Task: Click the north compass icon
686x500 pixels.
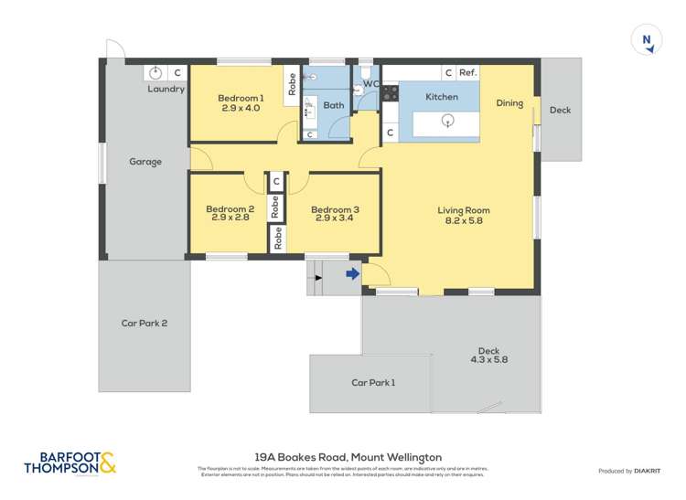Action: pyautogui.click(x=647, y=40)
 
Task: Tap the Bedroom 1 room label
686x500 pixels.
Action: pyautogui.click(x=241, y=98)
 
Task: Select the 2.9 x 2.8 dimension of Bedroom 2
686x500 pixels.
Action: pyautogui.click(x=230, y=218)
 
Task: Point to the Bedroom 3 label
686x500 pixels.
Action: pyautogui.click(x=334, y=209)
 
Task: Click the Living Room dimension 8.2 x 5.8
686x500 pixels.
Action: pyautogui.click(x=464, y=220)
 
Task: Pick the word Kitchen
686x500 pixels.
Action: pyautogui.click(x=442, y=97)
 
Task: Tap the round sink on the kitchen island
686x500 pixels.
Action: pyautogui.click(x=447, y=120)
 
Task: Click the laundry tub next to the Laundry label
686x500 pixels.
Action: pyautogui.click(x=156, y=72)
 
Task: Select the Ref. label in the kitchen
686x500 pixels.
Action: pyautogui.click(x=467, y=72)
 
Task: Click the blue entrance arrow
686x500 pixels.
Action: pyautogui.click(x=352, y=272)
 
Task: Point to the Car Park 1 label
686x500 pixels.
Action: pyautogui.click(x=373, y=383)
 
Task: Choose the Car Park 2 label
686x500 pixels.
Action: pyautogui.click(x=145, y=323)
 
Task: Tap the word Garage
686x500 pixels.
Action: pyautogui.click(x=145, y=162)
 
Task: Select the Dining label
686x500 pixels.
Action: pyautogui.click(x=509, y=103)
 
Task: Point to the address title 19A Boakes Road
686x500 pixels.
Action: pyautogui.click(x=348, y=457)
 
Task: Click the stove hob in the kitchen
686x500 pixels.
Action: pyautogui.click(x=390, y=92)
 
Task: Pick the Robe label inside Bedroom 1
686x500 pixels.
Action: pyautogui.click(x=292, y=84)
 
